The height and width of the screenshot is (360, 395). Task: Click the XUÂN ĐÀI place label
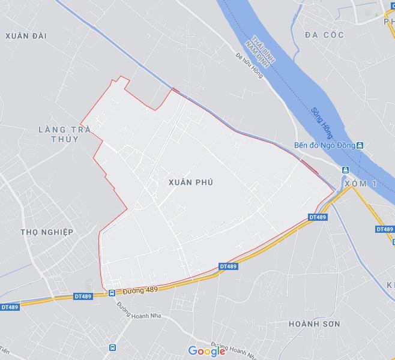tap(26, 36)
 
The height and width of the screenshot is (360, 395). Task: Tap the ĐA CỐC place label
tap(324, 35)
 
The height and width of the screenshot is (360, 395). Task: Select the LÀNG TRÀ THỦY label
tap(58, 134)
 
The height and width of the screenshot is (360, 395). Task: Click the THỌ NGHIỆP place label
tap(47, 232)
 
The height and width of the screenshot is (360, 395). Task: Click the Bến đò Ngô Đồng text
tap(324, 146)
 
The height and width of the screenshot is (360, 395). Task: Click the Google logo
tap(207, 351)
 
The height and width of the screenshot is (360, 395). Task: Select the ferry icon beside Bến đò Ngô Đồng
tap(360, 146)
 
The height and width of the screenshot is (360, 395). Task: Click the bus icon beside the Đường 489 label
tap(112, 293)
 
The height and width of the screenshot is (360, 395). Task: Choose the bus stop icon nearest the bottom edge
tap(112, 347)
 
